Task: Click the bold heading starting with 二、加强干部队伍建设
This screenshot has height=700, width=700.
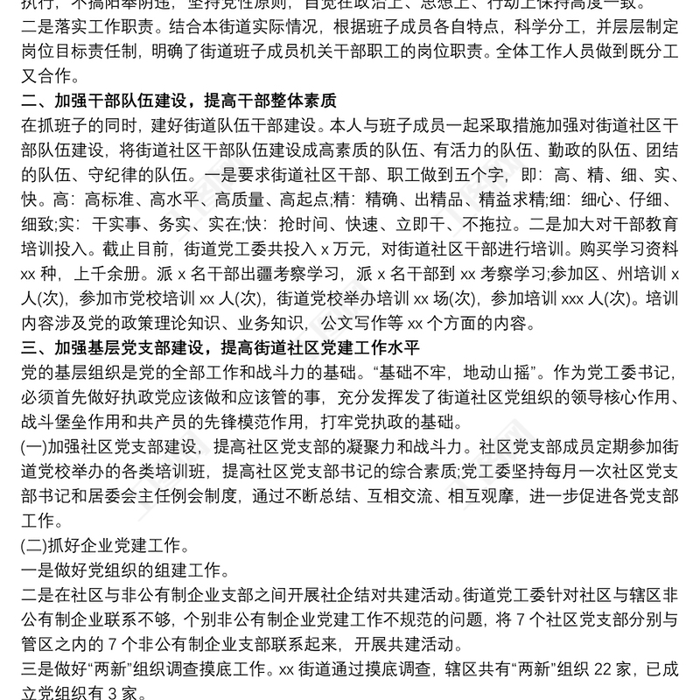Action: click(x=179, y=98)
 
